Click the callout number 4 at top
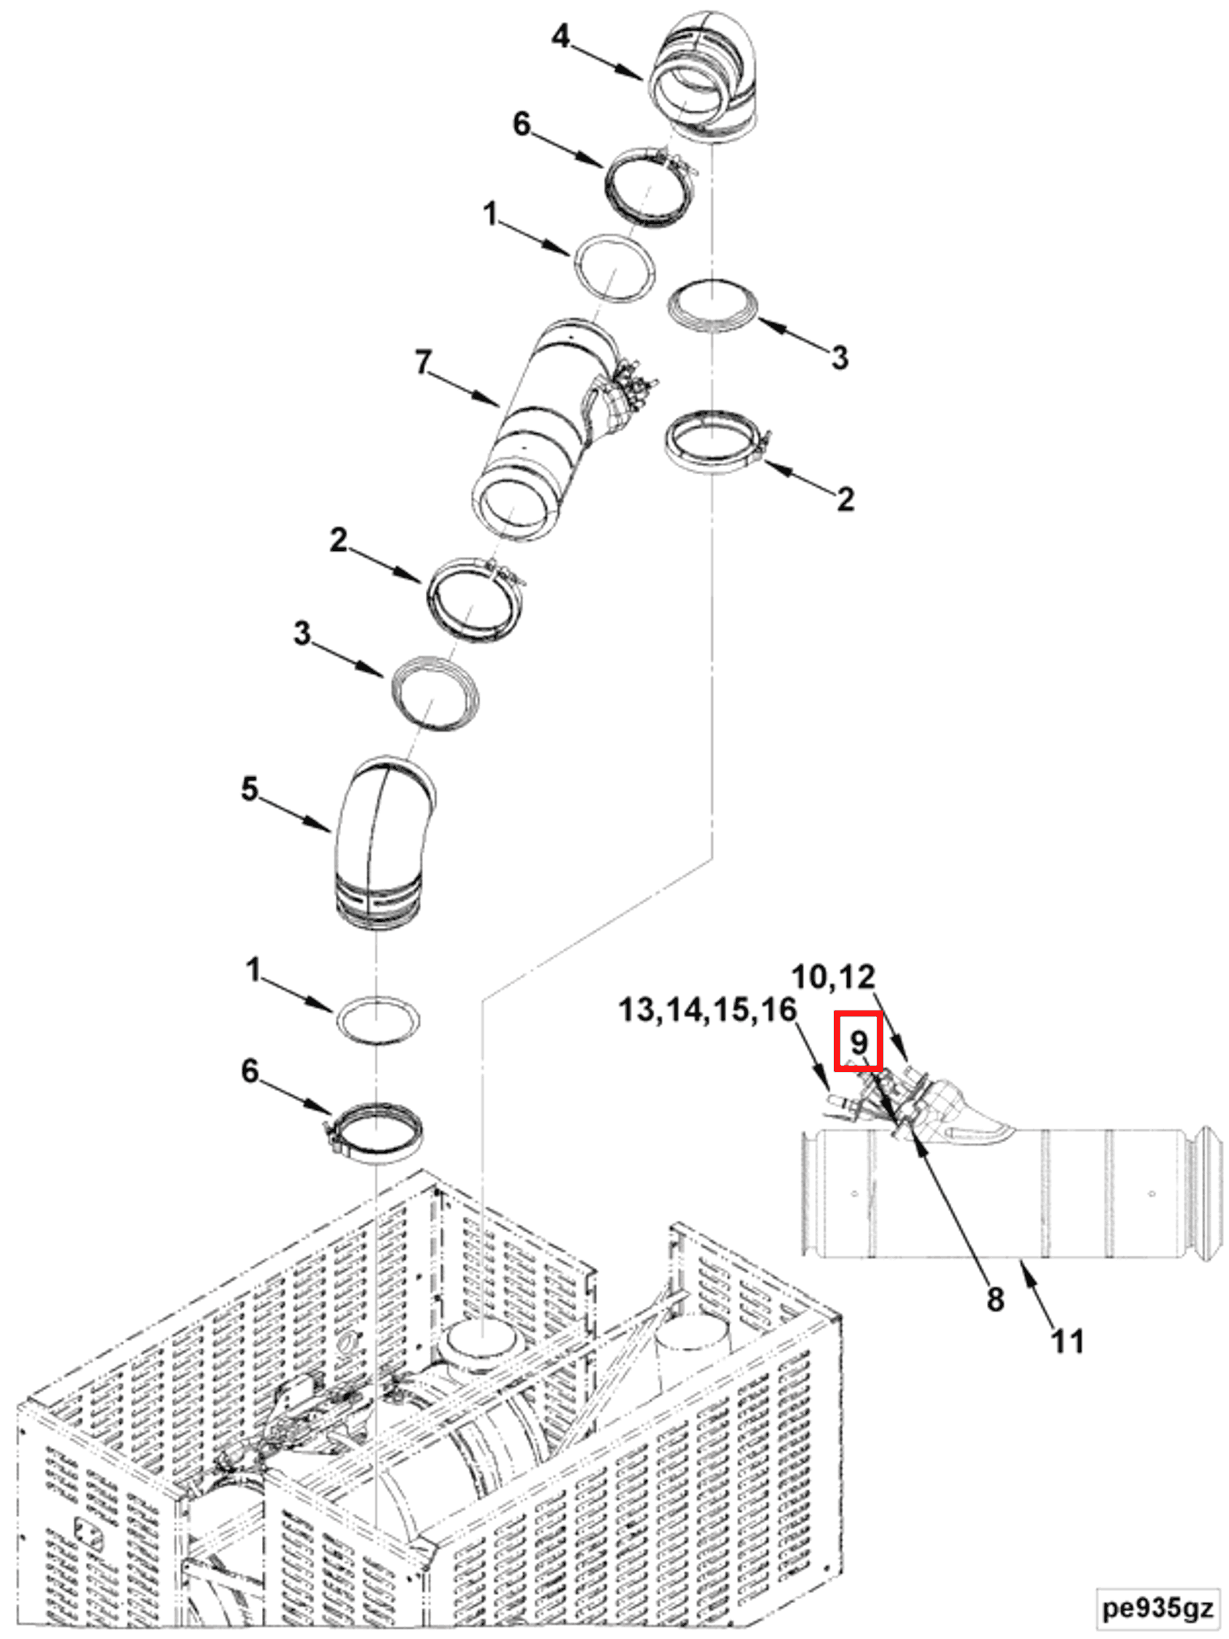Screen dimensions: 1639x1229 pyautogui.click(x=561, y=37)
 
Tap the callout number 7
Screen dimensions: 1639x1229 pyautogui.click(x=422, y=363)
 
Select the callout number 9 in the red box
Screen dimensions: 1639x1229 pyautogui.click(x=858, y=1042)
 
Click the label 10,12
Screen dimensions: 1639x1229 pyautogui.click(x=833, y=977)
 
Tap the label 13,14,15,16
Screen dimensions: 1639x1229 pyautogui.click(x=707, y=1010)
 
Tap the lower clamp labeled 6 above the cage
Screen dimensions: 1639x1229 pyautogui.click(x=374, y=1132)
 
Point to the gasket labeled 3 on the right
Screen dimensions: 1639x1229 pyautogui.click(x=712, y=305)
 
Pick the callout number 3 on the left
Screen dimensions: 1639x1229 pyautogui.click(x=301, y=634)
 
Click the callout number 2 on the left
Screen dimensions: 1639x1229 pyautogui.click(x=338, y=540)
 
